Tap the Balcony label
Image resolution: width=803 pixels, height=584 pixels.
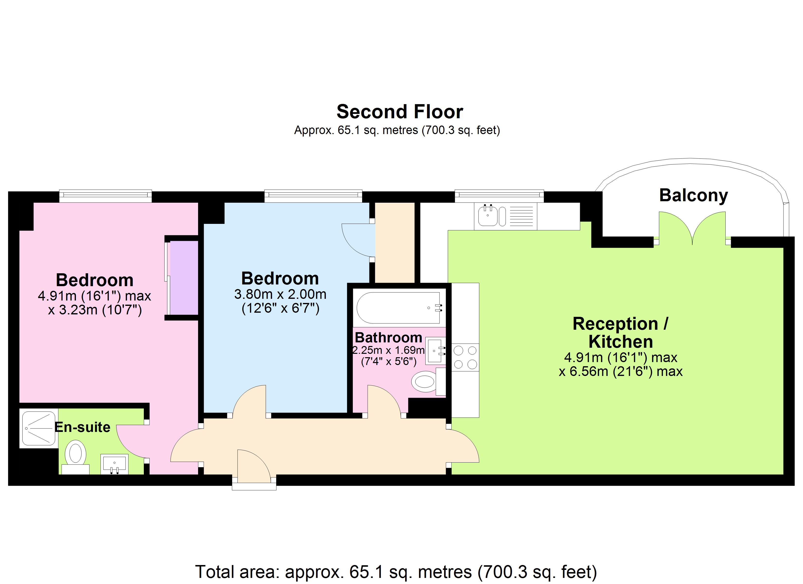point(693,195)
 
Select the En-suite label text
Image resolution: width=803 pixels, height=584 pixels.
point(82,428)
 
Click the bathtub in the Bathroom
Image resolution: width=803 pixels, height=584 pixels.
point(398,308)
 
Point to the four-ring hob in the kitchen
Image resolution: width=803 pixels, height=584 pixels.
point(465,357)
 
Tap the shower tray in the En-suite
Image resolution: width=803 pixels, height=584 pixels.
point(39,428)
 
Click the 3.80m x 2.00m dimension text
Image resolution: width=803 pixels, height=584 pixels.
point(280,294)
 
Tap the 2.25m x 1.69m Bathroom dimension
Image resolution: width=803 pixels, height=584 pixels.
point(388,350)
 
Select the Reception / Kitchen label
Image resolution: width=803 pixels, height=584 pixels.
point(620,333)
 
